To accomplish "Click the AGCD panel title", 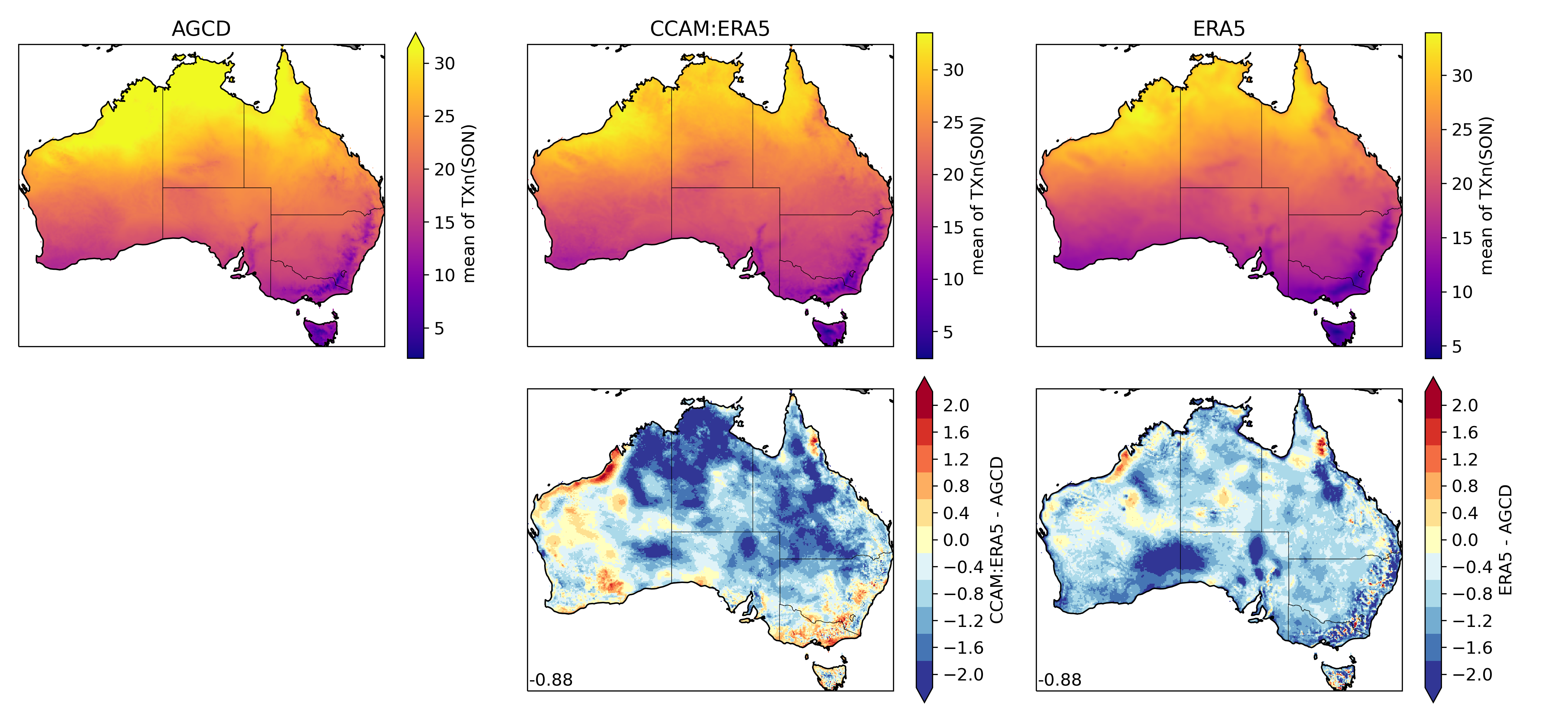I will tap(201, 29).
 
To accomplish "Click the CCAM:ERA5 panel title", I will tap(710, 29).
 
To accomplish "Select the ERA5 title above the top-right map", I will tap(1219, 29).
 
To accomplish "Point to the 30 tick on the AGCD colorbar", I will tap(444, 64).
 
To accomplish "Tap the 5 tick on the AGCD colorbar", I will tap(439, 329).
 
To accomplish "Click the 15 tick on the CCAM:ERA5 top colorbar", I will tap(953, 227).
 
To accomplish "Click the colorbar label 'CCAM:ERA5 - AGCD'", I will tap(996, 540).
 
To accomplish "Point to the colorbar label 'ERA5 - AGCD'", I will tap(1506, 540).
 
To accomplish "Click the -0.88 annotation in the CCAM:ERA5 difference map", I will tap(551, 680).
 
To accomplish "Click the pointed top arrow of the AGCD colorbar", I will tap(415, 41).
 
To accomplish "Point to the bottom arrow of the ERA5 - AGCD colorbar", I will tap(1433, 695).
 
